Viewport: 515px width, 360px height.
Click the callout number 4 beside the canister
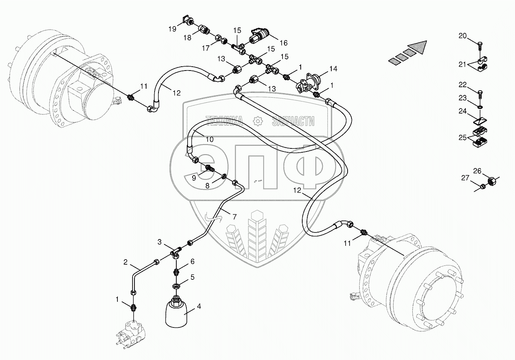199,306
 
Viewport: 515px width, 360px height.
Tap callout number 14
333,69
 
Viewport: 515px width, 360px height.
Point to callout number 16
284,43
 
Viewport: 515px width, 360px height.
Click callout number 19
172,28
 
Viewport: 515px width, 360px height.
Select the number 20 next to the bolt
462,36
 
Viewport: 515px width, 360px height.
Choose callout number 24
462,111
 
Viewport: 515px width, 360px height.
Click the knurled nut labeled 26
491,180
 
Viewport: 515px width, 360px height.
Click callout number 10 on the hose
209,139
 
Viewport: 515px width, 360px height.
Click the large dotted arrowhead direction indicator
420,47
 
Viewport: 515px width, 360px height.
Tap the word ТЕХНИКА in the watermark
224,121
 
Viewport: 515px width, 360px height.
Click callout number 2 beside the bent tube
126,262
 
